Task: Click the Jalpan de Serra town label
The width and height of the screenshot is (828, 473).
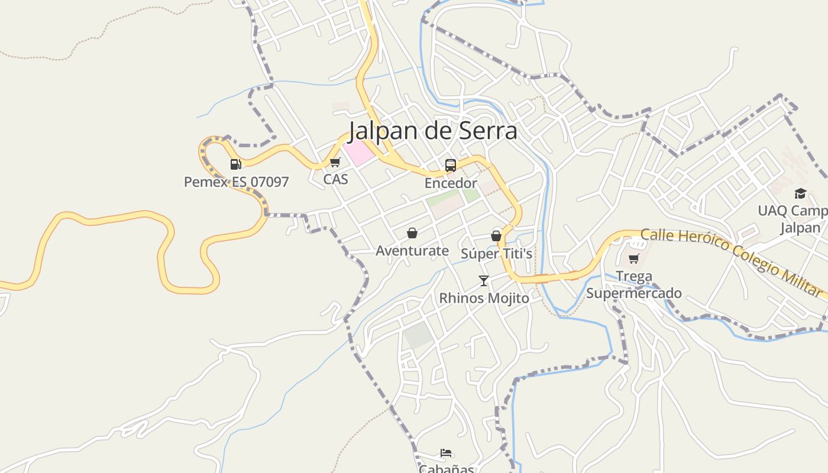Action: pos(433,131)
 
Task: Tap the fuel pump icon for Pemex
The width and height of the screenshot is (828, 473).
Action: pos(236,164)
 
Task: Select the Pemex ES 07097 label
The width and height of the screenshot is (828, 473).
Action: pos(236,182)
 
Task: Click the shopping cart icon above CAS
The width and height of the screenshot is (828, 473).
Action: pos(335,162)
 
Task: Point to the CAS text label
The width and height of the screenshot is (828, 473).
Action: pos(335,178)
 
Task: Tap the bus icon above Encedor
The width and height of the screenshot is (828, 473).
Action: pos(451,166)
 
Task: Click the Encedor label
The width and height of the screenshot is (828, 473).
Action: pos(451,183)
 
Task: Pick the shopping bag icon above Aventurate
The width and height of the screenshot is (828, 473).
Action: pos(412,234)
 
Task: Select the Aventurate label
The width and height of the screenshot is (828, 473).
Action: pos(412,251)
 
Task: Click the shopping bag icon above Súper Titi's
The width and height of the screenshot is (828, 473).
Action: pos(496,236)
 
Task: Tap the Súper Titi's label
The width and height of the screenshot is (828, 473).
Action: pos(496,254)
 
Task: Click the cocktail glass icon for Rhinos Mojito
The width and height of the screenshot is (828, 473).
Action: pos(484,280)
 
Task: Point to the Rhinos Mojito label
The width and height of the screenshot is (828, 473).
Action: pos(484,298)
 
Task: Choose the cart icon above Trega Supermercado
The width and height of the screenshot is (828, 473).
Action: pos(634,258)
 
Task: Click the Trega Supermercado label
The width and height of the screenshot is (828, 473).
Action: pos(634,284)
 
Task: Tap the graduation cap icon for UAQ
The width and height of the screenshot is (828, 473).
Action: pos(800,193)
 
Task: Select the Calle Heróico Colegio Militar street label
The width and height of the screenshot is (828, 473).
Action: pos(731,262)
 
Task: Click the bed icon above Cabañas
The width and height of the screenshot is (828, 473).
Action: pos(447,453)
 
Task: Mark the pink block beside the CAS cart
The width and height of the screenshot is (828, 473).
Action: pos(359,153)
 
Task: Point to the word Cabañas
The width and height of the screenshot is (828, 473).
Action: pos(447,469)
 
